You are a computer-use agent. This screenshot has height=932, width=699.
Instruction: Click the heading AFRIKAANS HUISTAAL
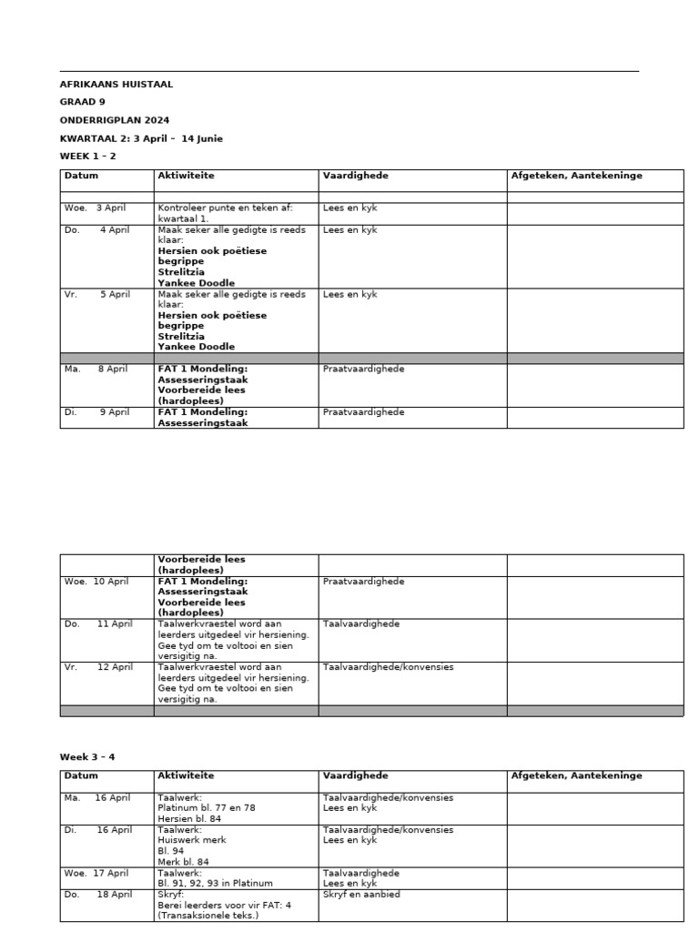tap(116, 85)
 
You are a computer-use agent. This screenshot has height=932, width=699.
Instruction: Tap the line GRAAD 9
tap(83, 102)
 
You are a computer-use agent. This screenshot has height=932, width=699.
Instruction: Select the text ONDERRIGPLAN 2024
tap(115, 120)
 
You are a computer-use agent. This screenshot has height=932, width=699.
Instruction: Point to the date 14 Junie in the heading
tap(202, 138)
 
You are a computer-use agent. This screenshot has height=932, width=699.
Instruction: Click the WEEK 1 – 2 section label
tap(88, 156)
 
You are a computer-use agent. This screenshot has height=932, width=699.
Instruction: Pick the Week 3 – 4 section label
tap(87, 756)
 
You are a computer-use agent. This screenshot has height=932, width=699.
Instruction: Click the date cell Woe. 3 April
tap(96, 208)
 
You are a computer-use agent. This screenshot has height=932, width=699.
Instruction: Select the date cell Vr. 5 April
tap(97, 295)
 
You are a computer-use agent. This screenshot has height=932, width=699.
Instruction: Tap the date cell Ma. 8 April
tap(97, 370)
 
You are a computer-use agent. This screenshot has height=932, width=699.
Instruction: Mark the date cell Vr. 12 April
tap(98, 667)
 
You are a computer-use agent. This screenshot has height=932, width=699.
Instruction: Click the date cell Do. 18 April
tap(98, 895)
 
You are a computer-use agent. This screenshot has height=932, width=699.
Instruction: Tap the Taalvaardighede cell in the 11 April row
tap(361, 624)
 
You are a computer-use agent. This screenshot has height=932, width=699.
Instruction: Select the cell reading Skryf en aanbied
tap(361, 895)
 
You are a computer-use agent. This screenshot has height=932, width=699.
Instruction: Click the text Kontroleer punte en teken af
tap(225, 208)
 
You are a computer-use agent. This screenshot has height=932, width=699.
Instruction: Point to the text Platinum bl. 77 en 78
tap(207, 808)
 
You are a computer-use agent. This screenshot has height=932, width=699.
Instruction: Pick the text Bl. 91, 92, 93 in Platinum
tap(215, 883)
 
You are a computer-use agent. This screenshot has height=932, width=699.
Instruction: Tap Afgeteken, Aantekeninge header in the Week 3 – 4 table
tap(576, 775)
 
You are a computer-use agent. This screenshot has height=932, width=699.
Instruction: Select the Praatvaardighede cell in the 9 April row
tap(363, 412)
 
